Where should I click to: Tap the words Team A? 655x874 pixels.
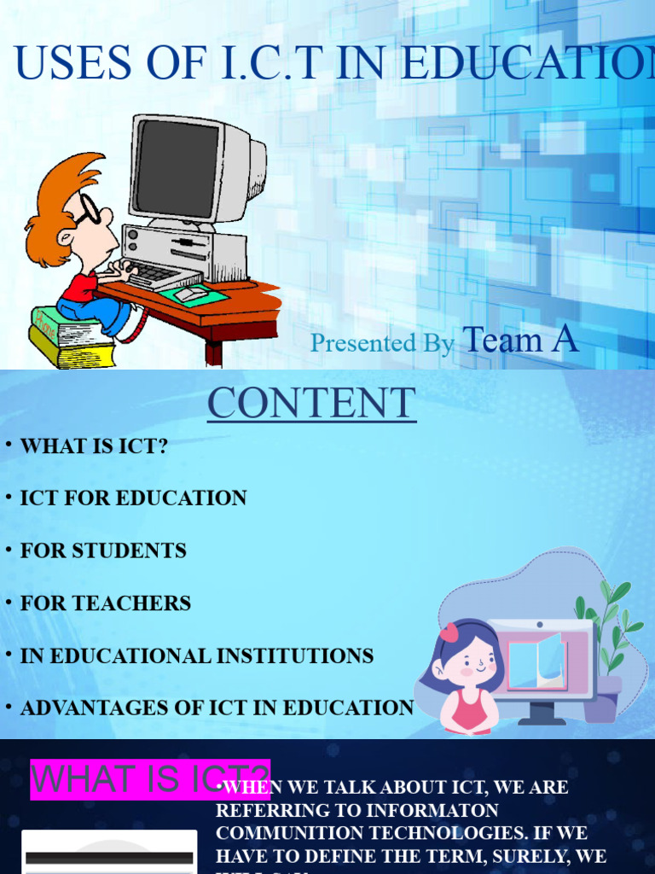520,340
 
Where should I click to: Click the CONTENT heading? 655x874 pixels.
311,404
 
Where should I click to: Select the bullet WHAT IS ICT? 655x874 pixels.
94,446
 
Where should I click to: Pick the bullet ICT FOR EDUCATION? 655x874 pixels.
133,498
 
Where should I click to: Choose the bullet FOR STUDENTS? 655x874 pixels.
103,551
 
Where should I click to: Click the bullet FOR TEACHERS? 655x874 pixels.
106,603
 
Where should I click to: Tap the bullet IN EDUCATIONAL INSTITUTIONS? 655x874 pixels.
197,655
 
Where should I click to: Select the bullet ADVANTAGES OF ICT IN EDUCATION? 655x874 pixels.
217,708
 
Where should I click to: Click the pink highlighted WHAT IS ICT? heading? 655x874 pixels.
150,779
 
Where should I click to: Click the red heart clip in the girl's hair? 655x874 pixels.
449,632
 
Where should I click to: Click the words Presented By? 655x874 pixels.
381,343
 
